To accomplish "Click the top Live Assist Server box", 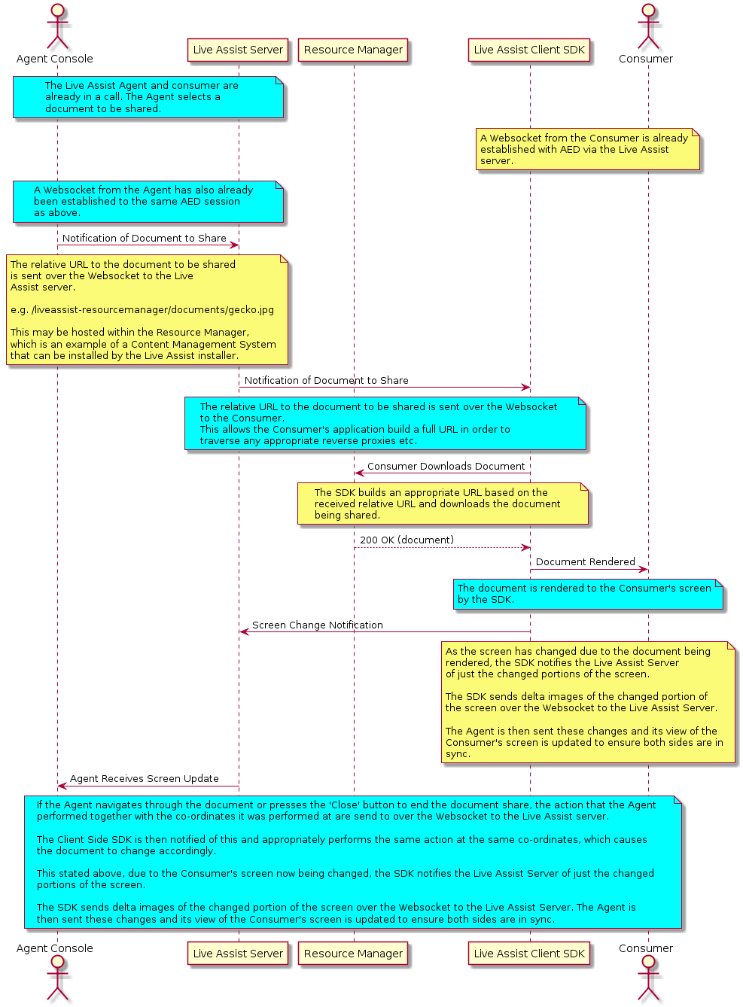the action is (x=238, y=50).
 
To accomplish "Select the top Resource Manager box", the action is (x=353, y=50).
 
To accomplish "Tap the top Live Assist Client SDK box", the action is (x=529, y=50).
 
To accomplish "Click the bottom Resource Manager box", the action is (x=353, y=954).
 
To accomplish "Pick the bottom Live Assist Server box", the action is (x=238, y=954).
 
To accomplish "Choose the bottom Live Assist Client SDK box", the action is (x=529, y=954).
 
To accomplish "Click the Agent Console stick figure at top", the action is (x=57, y=26).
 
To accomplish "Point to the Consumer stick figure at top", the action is (x=648, y=26).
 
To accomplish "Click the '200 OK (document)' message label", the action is (x=407, y=540).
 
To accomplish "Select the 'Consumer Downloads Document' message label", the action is (x=446, y=466).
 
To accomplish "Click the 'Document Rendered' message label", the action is (x=585, y=562).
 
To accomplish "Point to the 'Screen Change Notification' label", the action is (x=317, y=625).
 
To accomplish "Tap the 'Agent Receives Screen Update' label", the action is (x=144, y=779).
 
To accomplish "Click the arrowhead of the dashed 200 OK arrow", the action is (x=526, y=548).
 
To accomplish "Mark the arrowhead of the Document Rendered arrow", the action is (x=644, y=570).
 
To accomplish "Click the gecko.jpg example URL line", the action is (x=142, y=310).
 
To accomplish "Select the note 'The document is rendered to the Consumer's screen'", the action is (x=588, y=595).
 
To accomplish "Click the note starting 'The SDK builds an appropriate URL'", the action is (x=443, y=503).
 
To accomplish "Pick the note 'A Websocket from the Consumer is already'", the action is (x=588, y=149).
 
